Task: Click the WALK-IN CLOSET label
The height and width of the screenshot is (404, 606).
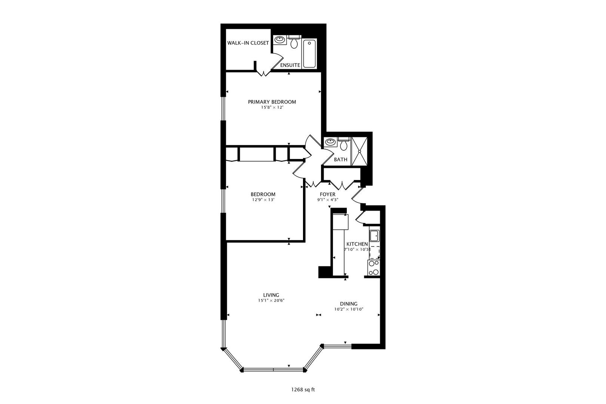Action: [248, 43]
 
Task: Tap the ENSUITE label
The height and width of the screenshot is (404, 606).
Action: [290, 65]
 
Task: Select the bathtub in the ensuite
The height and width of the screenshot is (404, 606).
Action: [309, 53]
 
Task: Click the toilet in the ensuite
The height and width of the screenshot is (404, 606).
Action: [294, 43]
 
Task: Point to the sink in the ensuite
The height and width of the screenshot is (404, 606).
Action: [279, 39]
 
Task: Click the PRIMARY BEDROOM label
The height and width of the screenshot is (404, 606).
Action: [272, 102]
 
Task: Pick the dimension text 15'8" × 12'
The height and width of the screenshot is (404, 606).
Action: [272, 107]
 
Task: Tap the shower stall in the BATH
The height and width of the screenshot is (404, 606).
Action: [359, 151]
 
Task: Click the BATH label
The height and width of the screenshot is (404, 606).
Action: [340, 159]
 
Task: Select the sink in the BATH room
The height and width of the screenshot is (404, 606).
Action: [330, 142]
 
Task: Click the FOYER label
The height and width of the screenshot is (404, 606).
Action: [328, 194]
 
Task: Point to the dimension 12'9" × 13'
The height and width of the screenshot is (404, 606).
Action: [263, 200]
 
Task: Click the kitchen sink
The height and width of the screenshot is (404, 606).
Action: [374, 236]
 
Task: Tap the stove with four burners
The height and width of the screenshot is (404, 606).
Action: [374, 267]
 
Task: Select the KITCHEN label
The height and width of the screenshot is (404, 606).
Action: [357, 244]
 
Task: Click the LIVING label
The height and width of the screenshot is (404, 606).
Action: [271, 295]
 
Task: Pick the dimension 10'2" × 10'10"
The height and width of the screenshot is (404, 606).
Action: [349, 309]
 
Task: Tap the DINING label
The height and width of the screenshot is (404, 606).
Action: [349, 304]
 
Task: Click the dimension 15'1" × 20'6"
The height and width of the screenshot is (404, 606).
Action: [271, 300]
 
